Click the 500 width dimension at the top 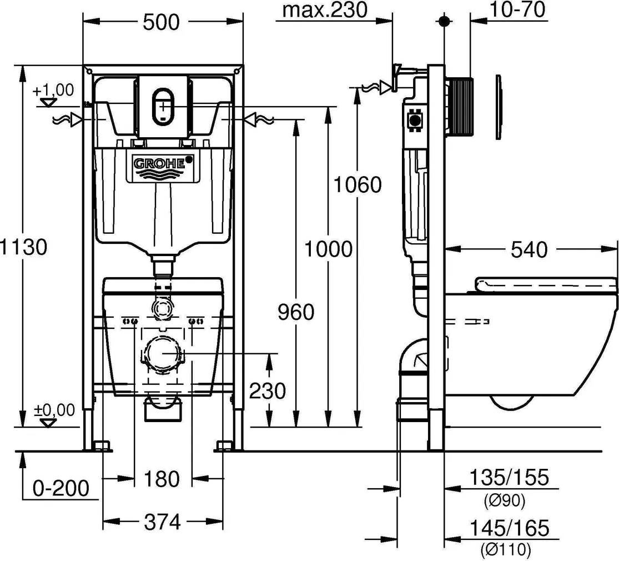pos(162,22)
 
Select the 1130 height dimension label pos(23,246)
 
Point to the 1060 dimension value pos(358,184)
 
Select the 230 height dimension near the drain pos(267,391)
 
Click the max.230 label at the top pos(325,11)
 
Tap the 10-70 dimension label pos(517,9)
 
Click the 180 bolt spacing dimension pos(163,478)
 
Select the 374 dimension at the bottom pos(163,522)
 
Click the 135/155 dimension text pos(509,477)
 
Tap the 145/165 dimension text pos(509,527)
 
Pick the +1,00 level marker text pos(53,90)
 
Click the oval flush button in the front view pos(163,104)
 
